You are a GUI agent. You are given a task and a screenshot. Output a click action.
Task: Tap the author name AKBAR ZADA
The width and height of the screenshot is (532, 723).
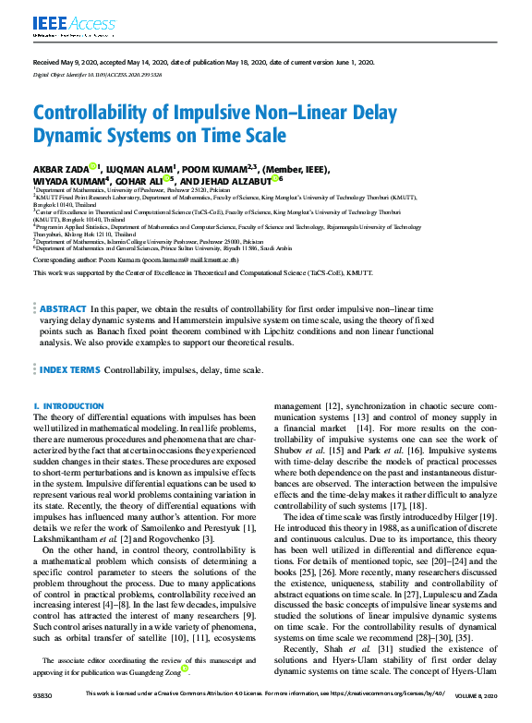click(60, 169)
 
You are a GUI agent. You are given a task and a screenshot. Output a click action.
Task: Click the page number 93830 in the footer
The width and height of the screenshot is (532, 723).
click(45, 718)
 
